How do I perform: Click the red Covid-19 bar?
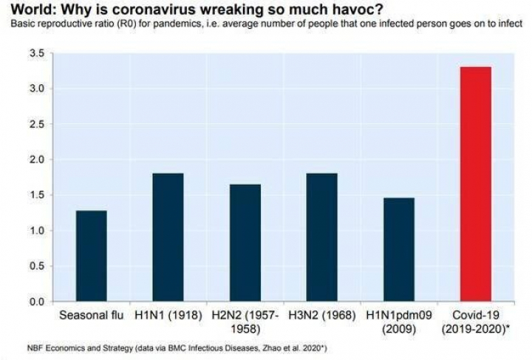point(476,184)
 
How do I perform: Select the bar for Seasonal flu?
point(91,256)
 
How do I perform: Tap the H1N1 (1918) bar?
point(168,237)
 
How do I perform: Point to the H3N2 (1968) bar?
point(322,237)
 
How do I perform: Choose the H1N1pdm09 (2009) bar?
point(399,250)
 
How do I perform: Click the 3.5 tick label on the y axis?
point(35,54)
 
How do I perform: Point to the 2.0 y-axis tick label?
point(35,160)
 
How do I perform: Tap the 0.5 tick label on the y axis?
point(35,266)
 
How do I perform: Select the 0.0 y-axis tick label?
point(35,302)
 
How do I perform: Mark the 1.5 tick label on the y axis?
point(35,195)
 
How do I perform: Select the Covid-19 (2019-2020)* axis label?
point(476,323)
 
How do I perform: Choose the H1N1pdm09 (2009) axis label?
point(399,323)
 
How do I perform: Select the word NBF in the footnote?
point(16,347)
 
